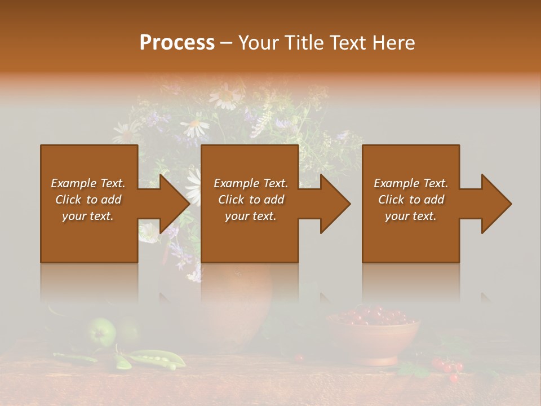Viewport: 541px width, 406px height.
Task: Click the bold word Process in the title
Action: coord(177,42)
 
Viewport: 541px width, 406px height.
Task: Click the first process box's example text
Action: coord(88,200)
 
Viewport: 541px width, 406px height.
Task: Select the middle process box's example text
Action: coord(251,200)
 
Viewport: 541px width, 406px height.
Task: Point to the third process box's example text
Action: coord(411,200)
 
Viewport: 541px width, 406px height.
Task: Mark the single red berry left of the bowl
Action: coord(300,358)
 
